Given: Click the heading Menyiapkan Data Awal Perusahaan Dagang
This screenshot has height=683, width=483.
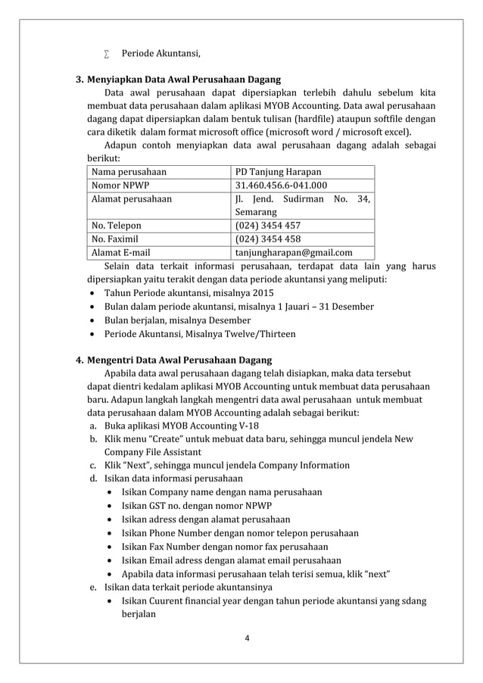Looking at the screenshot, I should pyautogui.click(x=184, y=79).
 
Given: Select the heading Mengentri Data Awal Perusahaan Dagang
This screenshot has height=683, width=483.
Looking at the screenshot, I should pyautogui.click(x=179, y=360).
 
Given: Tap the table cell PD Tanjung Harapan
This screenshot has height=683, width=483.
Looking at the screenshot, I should pyautogui.click(x=278, y=172).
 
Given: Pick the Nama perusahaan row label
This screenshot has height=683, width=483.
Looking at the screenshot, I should pyautogui.click(x=129, y=172).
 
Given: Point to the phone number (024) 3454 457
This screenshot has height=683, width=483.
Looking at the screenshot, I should pyautogui.click(x=268, y=226).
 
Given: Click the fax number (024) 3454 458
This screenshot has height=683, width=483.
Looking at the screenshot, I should pyautogui.click(x=268, y=239).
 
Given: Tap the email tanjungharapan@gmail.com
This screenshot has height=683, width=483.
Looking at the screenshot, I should pyautogui.click(x=294, y=253).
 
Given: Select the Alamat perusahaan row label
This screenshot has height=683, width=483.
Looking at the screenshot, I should pyautogui.click(x=131, y=199).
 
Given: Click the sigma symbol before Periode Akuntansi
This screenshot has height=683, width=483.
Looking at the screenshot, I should pyautogui.click(x=107, y=53).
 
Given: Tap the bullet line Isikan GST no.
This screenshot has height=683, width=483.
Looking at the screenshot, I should pyautogui.click(x=196, y=506).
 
